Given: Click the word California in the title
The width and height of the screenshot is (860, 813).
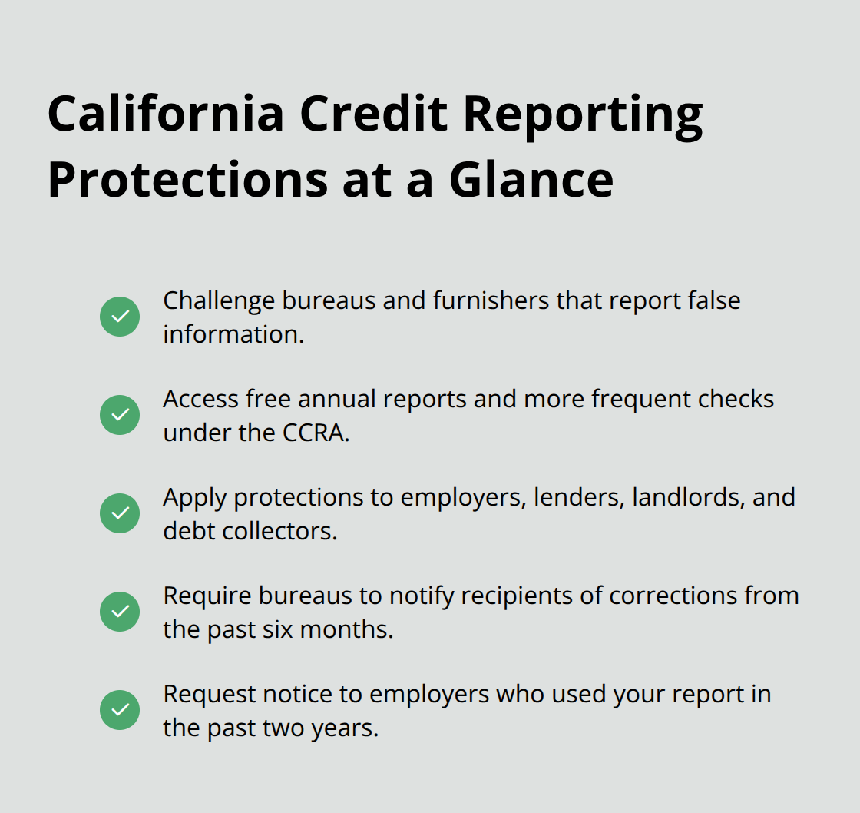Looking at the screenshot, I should tap(165, 114).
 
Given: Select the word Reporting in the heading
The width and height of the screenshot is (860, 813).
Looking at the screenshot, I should tap(584, 114).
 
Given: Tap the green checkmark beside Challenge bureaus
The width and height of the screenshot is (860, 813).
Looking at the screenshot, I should tap(120, 317).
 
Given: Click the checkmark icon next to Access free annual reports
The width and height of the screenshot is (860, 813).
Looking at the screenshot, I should tap(120, 415).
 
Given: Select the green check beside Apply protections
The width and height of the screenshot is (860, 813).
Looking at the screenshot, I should tap(120, 513).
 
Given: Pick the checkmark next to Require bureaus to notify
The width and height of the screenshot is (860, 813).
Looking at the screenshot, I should tap(120, 612).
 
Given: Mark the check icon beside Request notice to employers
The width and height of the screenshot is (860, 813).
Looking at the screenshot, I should tap(120, 710).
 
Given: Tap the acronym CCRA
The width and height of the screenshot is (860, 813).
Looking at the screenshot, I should tap(311, 433).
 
